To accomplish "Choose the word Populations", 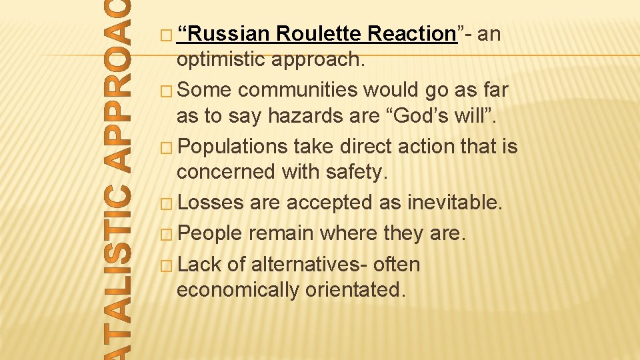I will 233,145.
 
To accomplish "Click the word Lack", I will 200,265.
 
